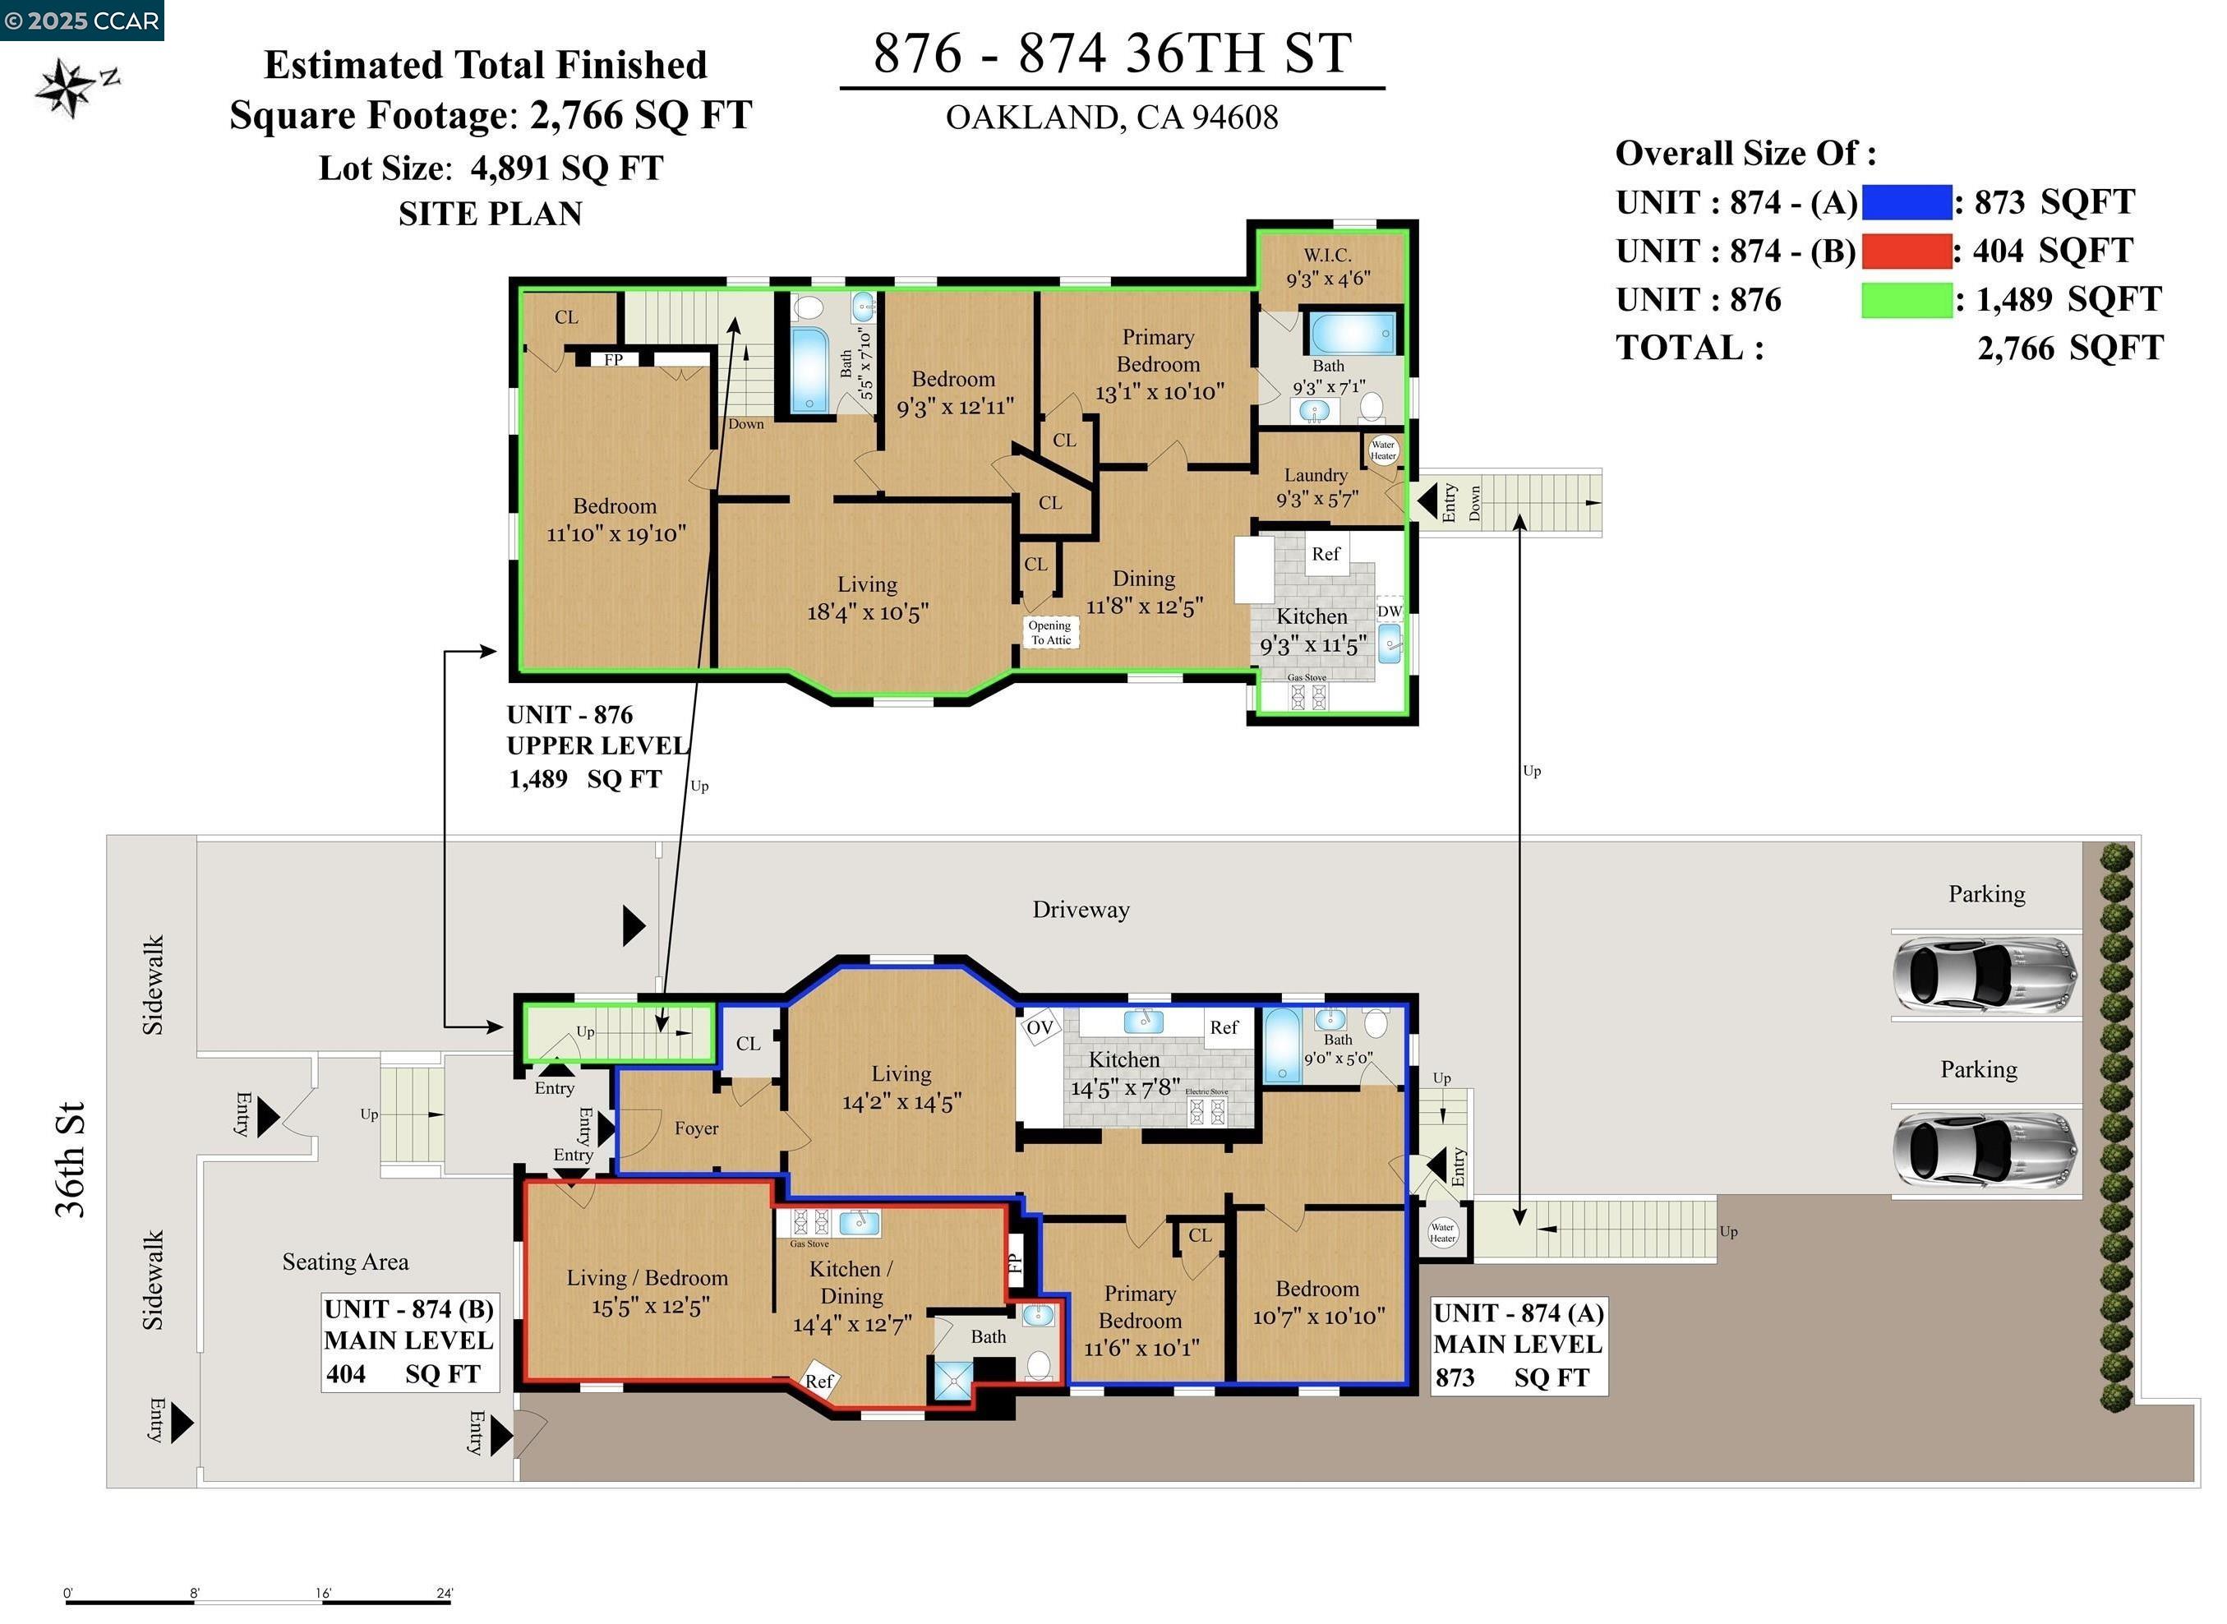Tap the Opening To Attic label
click(x=1049, y=632)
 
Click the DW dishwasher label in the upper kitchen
click(x=1388, y=611)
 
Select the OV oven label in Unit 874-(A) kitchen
click(x=1039, y=1027)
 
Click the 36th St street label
click(x=71, y=1160)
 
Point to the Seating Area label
click(x=345, y=1262)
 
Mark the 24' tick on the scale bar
click(x=445, y=1594)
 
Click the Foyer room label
click(x=696, y=1128)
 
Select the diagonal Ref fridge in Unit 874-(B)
click(x=818, y=1379)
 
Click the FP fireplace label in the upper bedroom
click(x=613, y=360)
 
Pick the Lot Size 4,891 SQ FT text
click(x=491, y=168)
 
